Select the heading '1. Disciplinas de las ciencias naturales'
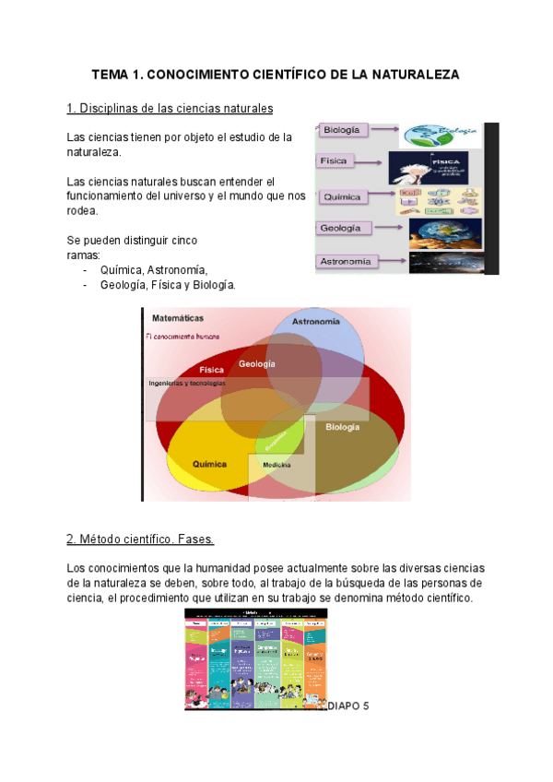(171, 109)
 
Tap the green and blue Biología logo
(444, 133)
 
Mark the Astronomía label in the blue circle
(315, 322)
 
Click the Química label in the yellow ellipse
(209, 464)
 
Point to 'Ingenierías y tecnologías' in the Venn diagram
(187, 384)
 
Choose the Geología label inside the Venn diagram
(257, 364)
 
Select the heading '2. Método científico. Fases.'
(140, 539)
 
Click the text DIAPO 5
(347, 706)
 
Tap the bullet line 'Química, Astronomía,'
(154, 269)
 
